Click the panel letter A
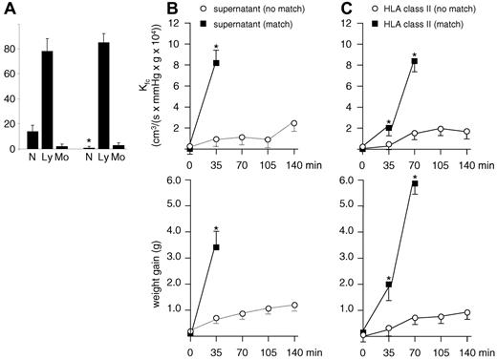8,10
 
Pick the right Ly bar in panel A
102,95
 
